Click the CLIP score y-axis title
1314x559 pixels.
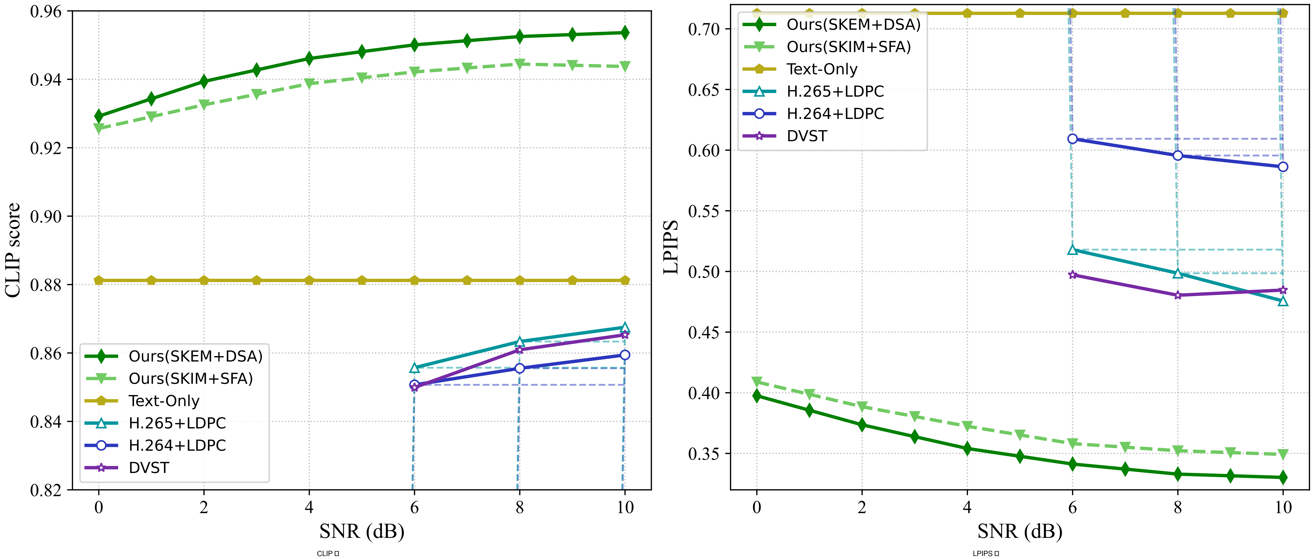12,250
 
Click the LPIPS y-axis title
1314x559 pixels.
670,247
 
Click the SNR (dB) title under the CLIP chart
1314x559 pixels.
362,531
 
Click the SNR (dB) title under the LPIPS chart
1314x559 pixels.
1020,531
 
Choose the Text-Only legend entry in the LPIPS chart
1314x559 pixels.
822,69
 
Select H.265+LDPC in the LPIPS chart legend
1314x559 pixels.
835,91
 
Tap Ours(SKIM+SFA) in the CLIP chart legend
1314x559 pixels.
191,378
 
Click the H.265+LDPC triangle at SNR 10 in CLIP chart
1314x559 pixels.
624,327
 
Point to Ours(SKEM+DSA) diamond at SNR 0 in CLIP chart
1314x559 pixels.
98,117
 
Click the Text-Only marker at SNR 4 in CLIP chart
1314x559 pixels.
309,281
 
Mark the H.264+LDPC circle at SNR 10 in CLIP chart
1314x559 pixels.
624,355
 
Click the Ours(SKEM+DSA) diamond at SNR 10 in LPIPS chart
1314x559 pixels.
1283,477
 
